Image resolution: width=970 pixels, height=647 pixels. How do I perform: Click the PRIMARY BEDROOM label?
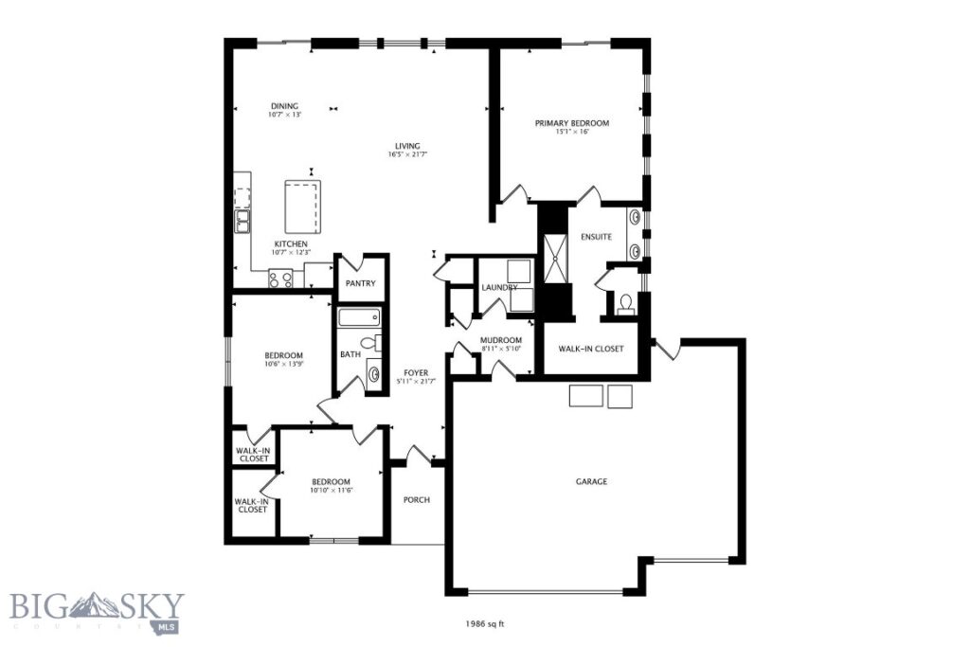(571, 123)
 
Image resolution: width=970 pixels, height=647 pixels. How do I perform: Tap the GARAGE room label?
(591, 481)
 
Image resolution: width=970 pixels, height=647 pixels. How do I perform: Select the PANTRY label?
(360, 283)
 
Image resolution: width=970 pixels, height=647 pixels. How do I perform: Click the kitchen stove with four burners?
(281, 278)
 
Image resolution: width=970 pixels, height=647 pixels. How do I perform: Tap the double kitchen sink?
(242, 223)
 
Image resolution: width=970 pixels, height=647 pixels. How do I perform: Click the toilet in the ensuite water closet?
(624, 304)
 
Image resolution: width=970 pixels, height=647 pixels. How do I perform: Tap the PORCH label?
(417, 499)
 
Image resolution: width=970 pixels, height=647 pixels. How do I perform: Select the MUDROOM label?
(500, 340)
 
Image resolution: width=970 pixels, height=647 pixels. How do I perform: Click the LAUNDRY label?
(498, 287)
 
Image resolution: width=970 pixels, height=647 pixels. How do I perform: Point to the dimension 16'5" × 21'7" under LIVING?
(408, 154)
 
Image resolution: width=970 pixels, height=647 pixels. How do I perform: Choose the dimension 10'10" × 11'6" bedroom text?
(331, 490)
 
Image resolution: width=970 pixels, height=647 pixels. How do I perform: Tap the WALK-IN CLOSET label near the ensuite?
(591, 349)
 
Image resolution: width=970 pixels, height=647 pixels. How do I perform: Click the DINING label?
(284, 105)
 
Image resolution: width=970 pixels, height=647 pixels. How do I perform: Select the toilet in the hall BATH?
(372, 343)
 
